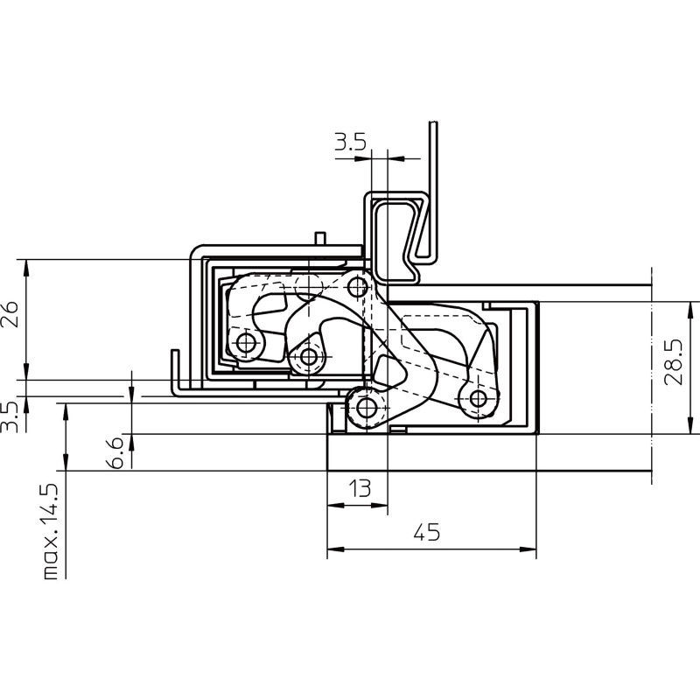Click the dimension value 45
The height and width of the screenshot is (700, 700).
click(426, 532)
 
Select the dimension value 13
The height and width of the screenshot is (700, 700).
click(360, 488)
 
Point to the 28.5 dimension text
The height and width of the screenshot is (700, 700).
click(674, 362)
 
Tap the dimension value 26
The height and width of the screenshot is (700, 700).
click(10, 315)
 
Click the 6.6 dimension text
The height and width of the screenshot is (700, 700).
click(115, 452)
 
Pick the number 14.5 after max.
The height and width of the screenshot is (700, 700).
click(52, 504)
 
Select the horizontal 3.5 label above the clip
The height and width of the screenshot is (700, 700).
click(351, 142)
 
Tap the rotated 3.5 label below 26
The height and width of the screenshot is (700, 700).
click(9, 417)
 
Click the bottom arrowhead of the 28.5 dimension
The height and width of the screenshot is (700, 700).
click(690, 425)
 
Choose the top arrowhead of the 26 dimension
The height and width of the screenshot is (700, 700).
click(26, 268)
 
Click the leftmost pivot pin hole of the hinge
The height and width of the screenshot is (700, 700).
click(246, 343)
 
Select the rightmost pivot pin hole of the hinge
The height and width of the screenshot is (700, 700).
click(478, 399)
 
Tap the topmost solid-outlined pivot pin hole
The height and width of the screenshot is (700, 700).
click(357, 288)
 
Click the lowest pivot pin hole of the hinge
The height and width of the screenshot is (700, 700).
click(367, 408)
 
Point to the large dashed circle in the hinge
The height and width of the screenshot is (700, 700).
click(309, 286)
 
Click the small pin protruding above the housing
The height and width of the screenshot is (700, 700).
click(320, 238)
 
